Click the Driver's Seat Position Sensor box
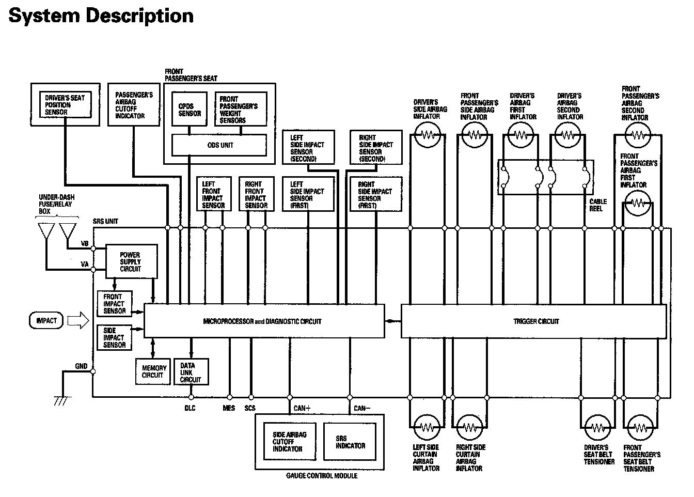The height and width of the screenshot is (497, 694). point(65,105)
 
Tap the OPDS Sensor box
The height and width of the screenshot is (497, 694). point(190,110)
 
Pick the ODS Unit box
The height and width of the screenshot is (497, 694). point(220,145)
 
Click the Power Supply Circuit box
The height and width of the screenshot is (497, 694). point(131,261)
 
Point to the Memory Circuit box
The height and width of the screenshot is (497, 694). point(154,371)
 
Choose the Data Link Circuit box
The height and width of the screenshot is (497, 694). point(191,372)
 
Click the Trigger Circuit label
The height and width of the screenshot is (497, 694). point(535,321)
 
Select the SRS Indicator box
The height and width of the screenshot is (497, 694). point(351,442)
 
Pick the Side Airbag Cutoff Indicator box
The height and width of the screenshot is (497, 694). point(289,442)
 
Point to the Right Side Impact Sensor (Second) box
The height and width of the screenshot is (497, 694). point(375,148)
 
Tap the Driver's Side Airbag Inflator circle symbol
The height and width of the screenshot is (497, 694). point(428,136)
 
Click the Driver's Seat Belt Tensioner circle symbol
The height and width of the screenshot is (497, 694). point(598,428)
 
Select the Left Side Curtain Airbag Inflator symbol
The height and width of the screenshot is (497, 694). point(427,428)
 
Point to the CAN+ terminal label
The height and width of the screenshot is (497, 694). point(302,408)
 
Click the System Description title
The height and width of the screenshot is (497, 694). point(101,15)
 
